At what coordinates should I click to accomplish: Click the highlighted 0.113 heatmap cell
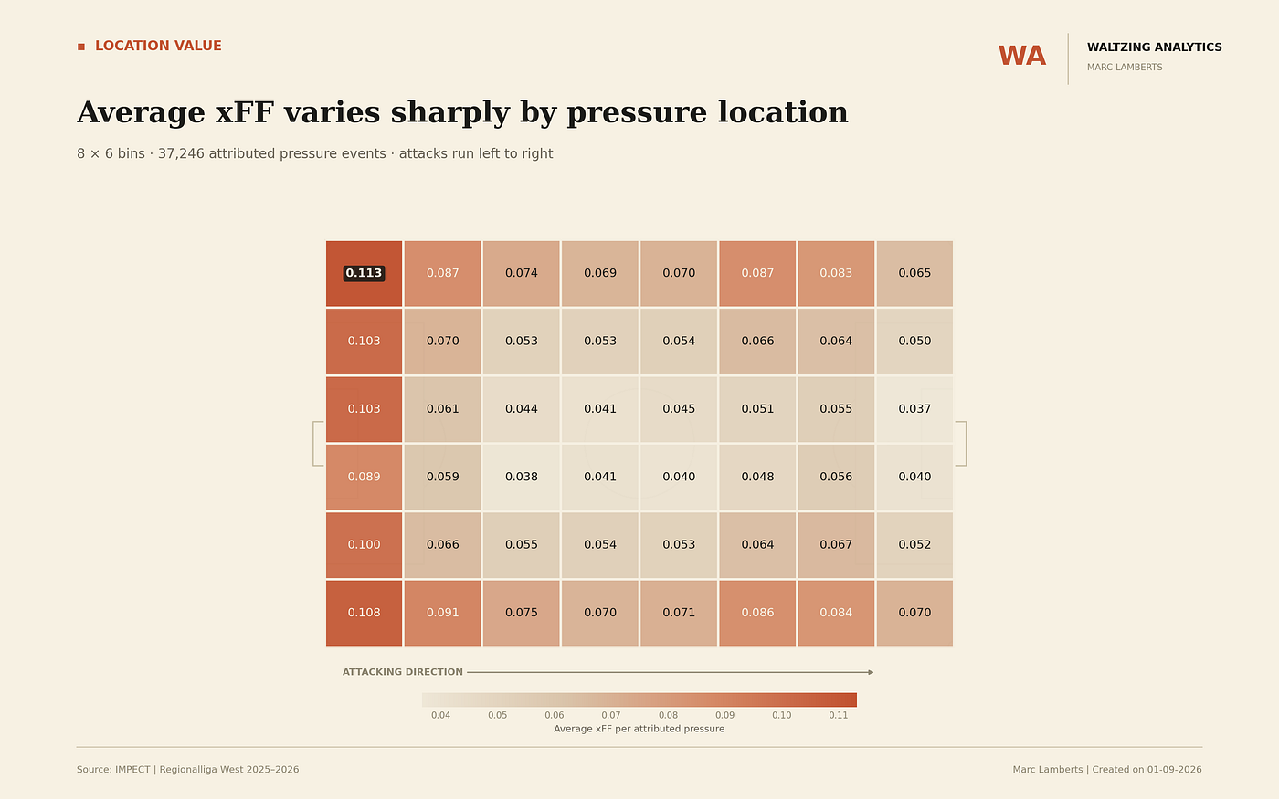[364, 273]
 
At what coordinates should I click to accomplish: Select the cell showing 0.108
[364, 613]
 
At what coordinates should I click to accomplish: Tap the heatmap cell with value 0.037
[914, 409]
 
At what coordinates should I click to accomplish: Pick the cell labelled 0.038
[522, 477]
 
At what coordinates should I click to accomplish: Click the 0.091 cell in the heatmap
[442, 613]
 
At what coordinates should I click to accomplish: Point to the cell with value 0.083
[836, 273]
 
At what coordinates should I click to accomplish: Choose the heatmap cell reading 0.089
[364, 477]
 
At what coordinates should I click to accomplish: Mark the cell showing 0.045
[679, 409]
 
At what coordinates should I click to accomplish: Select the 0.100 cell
[364, 545]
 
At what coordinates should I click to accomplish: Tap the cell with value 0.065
[914, 273]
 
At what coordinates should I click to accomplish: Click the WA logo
[1022, 57]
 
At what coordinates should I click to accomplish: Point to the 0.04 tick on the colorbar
[440, 715]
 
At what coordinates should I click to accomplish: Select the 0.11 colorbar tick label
[839, 715]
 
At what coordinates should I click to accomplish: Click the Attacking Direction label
[403, 672]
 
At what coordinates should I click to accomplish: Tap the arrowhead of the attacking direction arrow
[872, 672]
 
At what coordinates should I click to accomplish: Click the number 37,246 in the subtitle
[181, 153]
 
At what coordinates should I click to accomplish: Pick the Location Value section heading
[158, 46]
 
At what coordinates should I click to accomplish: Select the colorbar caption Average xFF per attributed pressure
[639, 729]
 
